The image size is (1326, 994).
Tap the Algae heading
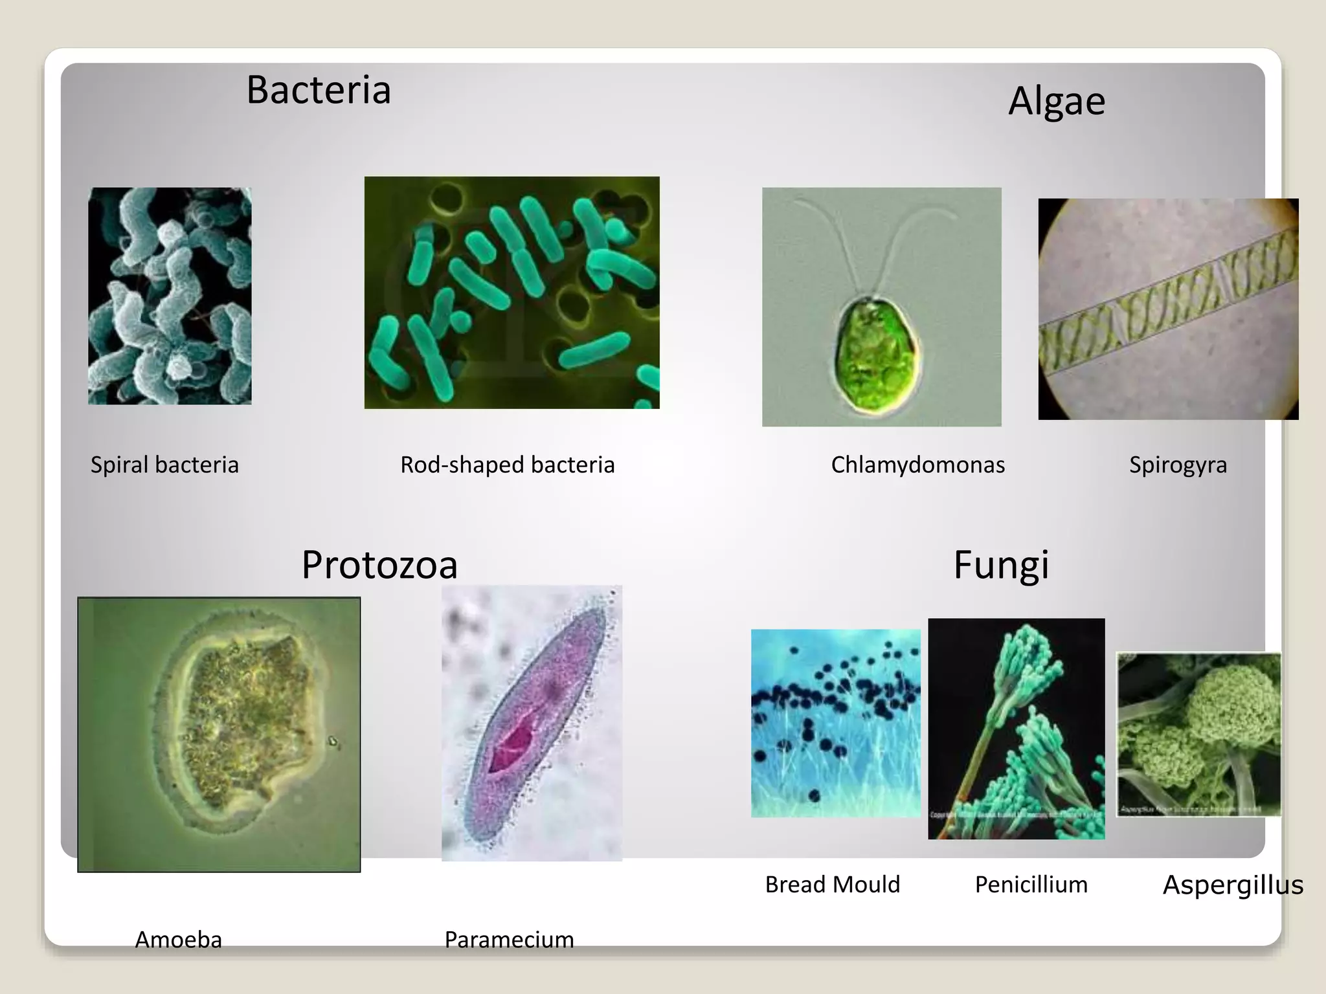[x=1057, y=101]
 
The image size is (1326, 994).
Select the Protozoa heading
[x=379, y=564]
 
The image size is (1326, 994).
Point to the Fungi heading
[x=1001, y=564]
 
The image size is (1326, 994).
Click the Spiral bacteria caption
[x=164, y=465]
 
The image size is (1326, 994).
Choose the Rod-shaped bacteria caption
[x=507, y=465]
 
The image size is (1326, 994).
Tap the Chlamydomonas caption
[x=917, y=465]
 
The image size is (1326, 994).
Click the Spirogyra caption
[x=1178, y=465]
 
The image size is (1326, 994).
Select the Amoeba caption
[x=178, y=939]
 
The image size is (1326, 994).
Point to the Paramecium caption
[x=509, y=939]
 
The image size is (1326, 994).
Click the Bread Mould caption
[x=833, y=884]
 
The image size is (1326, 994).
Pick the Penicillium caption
[x=1031, y=884]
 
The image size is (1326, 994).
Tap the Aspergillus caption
[x=1233, y=885]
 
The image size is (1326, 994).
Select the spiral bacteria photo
[x=170, y=296]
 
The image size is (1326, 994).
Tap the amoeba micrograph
[x=219, y=734]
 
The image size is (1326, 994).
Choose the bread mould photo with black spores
[x=835, y=723]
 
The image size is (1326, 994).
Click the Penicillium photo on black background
[x=1016, y=729]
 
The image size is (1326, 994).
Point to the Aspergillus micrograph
[x=1198, y=734]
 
